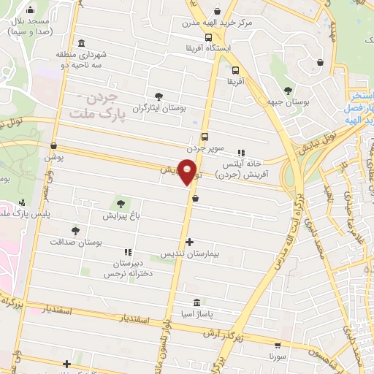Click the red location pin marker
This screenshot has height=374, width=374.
[x=188, y=172]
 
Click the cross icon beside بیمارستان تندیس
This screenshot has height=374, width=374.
[x=189, y=242]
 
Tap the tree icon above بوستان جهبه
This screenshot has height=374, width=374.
[x=288, y=90]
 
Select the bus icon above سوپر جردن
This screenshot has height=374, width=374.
[x=204, y=135]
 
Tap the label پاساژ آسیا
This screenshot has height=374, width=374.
[x=196, y=314]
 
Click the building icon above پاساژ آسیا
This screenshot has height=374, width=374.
[x=196, y=302]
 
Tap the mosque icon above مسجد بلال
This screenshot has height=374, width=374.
[x=30, y=11]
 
